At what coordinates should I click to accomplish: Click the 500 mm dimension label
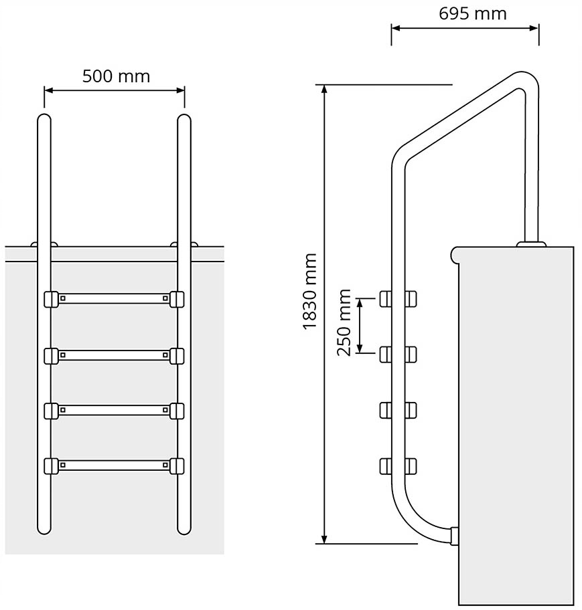[116, 76]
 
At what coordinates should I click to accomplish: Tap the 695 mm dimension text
[473, 13]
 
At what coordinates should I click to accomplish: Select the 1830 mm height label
[309, 291]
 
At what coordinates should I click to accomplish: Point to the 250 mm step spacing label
[344, 322]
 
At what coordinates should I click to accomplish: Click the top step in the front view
[114, 298]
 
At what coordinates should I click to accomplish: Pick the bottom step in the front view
[114, 464]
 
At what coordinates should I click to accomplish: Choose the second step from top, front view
[114, 354]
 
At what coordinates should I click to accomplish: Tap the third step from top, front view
[114, 409]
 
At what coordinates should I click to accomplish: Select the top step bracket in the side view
[398, 298]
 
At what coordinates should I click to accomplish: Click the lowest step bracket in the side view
[398, 464]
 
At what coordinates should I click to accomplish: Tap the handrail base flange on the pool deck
[530, 243]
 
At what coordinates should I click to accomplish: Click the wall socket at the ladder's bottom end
[455, 535]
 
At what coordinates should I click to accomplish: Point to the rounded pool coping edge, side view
[455, 254]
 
